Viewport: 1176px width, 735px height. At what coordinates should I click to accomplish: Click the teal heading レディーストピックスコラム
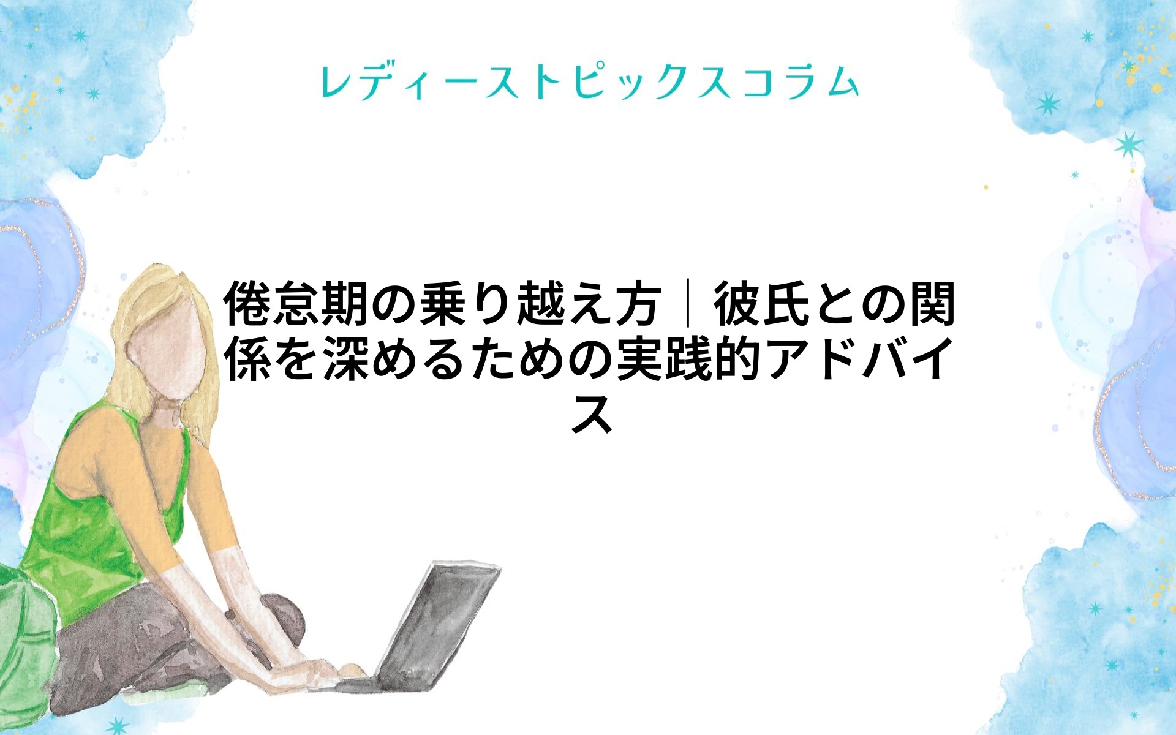click(589, 82)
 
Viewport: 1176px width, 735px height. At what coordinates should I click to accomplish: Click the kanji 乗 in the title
click(443, 304)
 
